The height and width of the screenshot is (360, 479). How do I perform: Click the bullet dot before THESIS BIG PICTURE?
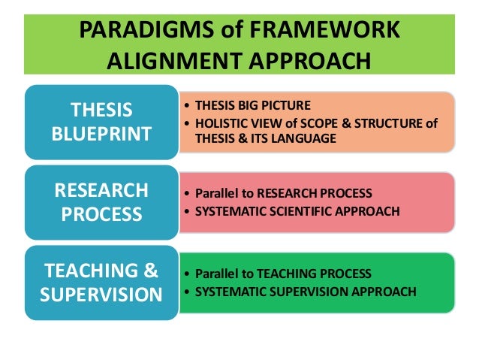[187, 104]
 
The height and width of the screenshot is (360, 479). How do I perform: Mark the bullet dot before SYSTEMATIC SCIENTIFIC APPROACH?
[187, 212]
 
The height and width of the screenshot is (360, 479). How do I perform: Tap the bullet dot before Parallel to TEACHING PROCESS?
[187, 274]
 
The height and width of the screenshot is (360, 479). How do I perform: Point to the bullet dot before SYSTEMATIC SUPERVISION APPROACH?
[187, 292]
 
